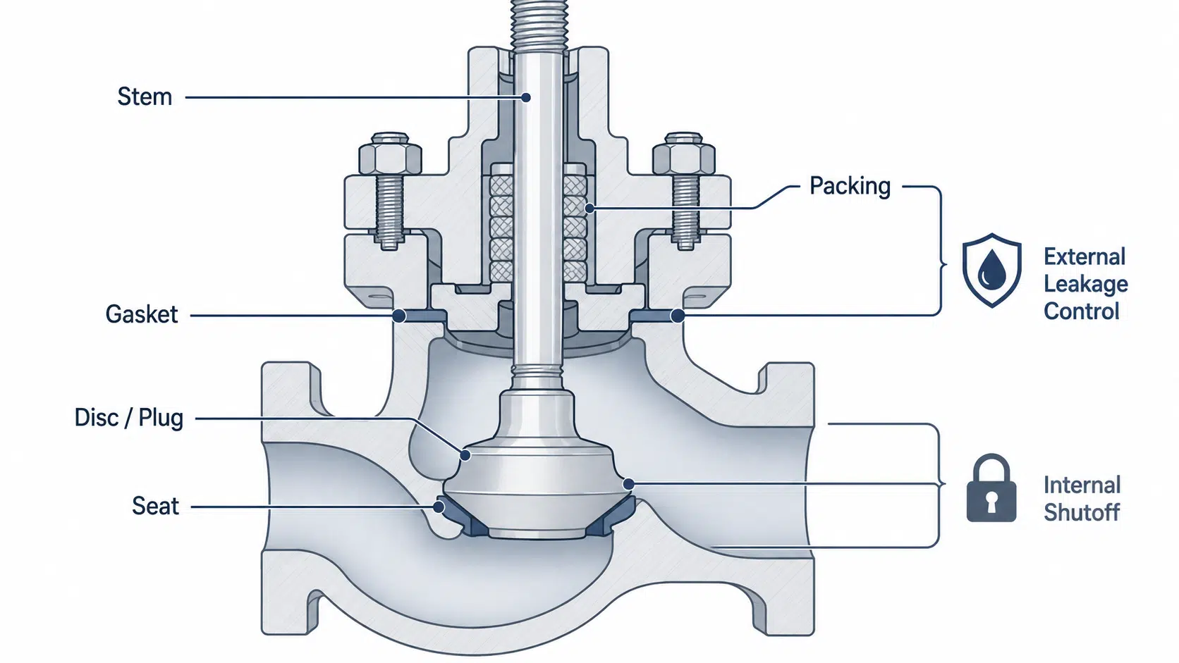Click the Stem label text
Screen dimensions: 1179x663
tap(145, 97)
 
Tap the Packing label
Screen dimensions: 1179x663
tap(850, 186)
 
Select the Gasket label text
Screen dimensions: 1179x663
tap(142, 314)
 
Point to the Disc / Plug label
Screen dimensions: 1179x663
tap(129, 418)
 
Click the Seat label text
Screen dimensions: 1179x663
tap(155, 506)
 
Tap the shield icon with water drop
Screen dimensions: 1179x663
tap(992, 271)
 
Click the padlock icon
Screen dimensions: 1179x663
tap(991, 488)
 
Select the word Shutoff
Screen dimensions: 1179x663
tap(1082, 512)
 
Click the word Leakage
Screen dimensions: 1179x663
tap(1086, 285)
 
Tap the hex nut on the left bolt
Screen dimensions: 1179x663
tap(390, 154)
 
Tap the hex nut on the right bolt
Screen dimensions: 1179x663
tap(684, 154)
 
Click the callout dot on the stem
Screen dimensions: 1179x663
tap(525, 97)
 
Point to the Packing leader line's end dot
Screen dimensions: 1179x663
tap(589, 209)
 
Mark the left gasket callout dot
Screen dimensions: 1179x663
tap(400, 316)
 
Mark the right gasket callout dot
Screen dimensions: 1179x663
tap(678, 316)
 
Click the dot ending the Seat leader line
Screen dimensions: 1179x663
tap(438, 507)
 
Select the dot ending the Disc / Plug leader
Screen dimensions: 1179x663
tap(465, 454)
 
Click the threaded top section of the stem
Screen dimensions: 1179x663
tap(539, 25)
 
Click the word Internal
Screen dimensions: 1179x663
tap(1082, 485)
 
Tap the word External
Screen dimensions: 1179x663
tap(1085, 257)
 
